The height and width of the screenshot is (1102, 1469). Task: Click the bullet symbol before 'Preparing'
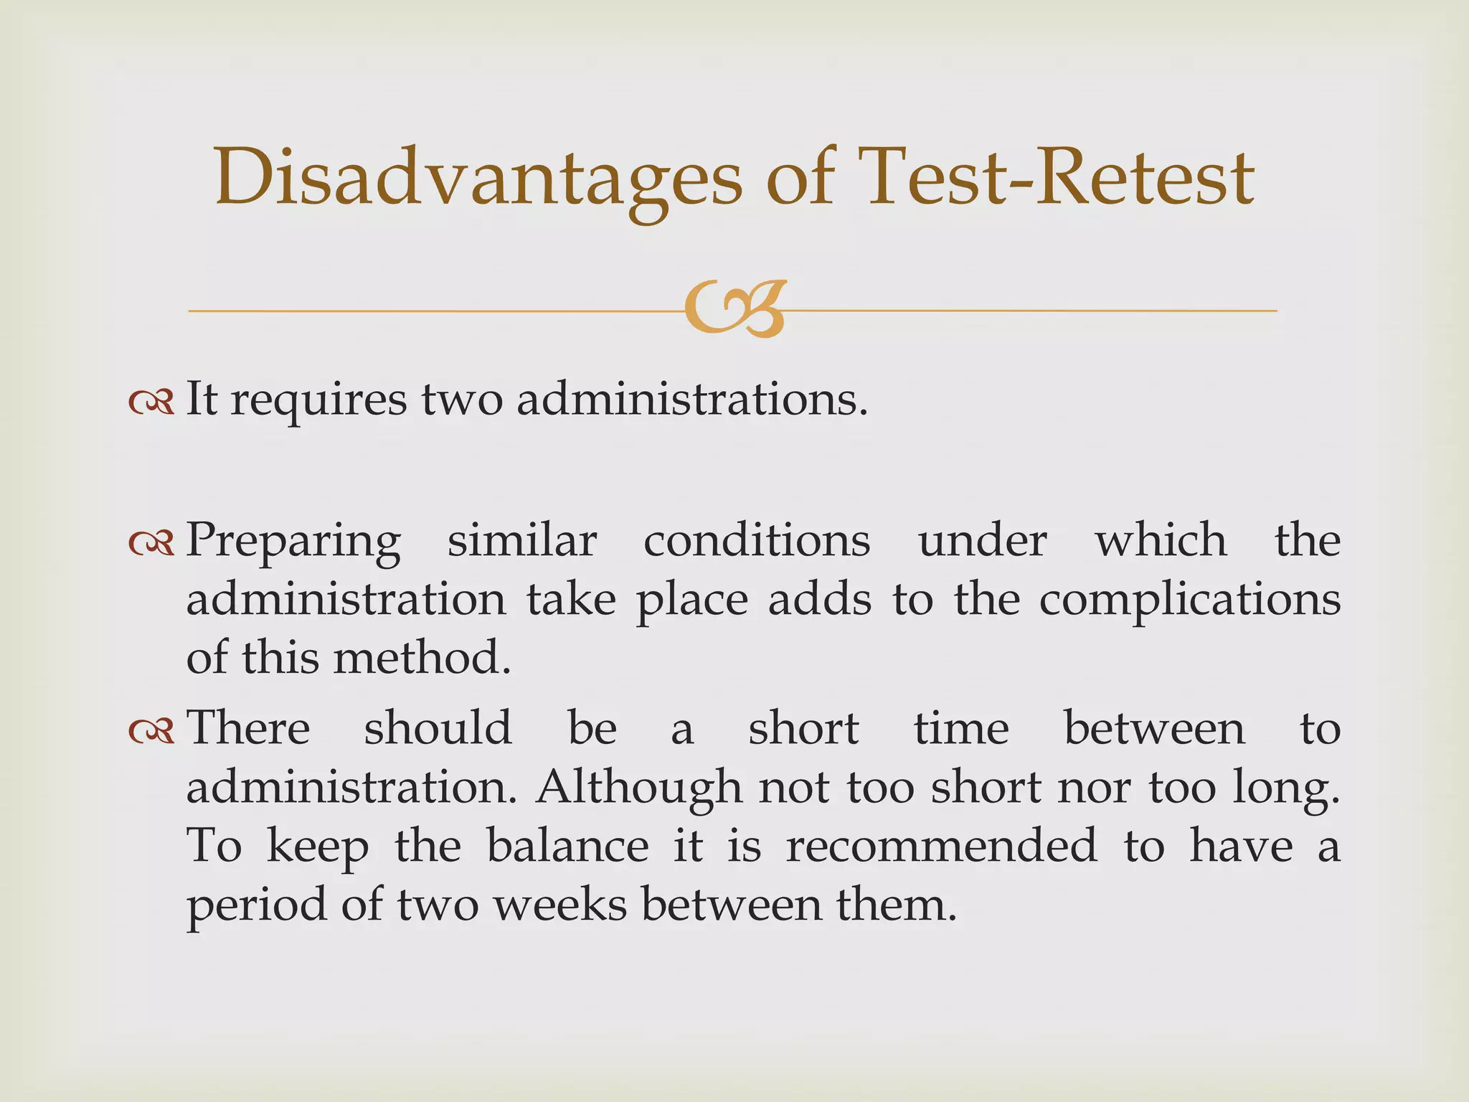(x=151, y=543)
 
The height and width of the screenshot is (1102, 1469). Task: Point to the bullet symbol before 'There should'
(x=151, y=731)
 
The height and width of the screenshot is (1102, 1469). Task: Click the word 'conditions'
(x=757, y=540)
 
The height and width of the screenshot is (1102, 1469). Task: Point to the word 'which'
(x=1161, y=540)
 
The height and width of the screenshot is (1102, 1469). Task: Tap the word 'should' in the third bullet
(x=438, y=728)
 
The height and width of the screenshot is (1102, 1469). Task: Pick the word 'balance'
(x=567, y=846)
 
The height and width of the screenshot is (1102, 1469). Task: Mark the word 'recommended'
(x=942, y=846)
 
